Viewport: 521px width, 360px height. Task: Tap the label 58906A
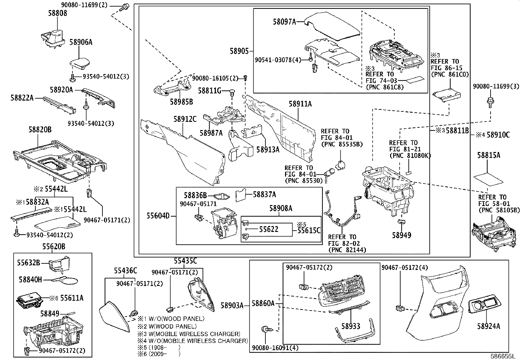[81, 42]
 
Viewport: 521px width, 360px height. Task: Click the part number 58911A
[300, 104]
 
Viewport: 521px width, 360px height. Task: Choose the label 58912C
[185, 119]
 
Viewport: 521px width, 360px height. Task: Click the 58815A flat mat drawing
[488, 178]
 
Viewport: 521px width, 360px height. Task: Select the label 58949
[402, 235]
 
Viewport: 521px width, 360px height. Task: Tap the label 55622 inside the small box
[269, 229]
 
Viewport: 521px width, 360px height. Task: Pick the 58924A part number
[488, 326]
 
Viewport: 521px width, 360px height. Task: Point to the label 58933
[350, 326]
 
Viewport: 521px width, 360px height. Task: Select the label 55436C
[125, 271]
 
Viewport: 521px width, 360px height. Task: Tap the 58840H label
[30, 279]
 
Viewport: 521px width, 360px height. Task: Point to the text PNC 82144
[348, 250]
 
